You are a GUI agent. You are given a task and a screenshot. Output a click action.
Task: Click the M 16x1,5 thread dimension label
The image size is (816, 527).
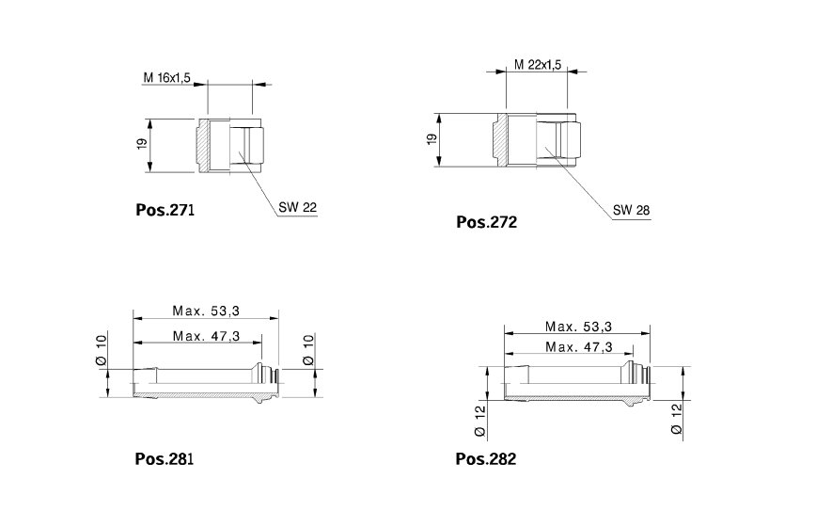click(166, 78)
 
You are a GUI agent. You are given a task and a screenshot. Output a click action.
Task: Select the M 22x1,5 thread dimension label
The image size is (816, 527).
click(538, 65)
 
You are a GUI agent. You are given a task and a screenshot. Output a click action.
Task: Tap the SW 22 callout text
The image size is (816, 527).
click(297, 207)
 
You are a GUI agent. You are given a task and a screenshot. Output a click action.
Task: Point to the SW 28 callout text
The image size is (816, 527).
click(631, 210)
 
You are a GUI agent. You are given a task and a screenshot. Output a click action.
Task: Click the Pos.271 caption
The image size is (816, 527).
click(165, 210)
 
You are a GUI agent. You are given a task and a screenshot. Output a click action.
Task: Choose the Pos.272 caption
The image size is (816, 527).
click(487, 222)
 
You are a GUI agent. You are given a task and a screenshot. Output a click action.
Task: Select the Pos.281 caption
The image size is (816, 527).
click(164, 459)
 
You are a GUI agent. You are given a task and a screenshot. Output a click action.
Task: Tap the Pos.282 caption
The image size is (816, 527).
click(486, 459)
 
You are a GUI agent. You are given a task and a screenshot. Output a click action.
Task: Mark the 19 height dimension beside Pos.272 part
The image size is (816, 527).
click(432, 139)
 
